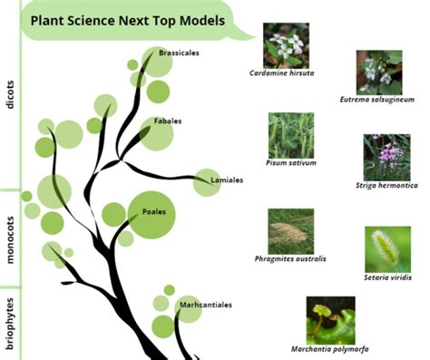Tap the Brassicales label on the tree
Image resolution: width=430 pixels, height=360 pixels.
pyautogui.click(x=178, y=53)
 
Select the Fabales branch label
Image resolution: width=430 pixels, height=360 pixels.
pyautogui.click(x=168, y=121)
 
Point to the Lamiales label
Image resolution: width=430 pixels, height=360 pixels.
pyautogui.click(x=226, y=180)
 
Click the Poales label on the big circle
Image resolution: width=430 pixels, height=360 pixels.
pyautogui.click(x=153, y=212)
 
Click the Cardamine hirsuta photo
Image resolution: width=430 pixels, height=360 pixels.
pyautogui.click(x=281, y=44)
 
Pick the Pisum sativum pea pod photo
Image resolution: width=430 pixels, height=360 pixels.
pyautogui.click(x=290, y=135)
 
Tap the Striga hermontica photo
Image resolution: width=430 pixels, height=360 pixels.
pyautogui.click(x=386, y=157)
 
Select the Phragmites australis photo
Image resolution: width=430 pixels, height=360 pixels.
pyautogui.click(x=290, y=230)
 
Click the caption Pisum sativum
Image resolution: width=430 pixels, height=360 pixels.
pyautogui.click(x=290, y=166)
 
